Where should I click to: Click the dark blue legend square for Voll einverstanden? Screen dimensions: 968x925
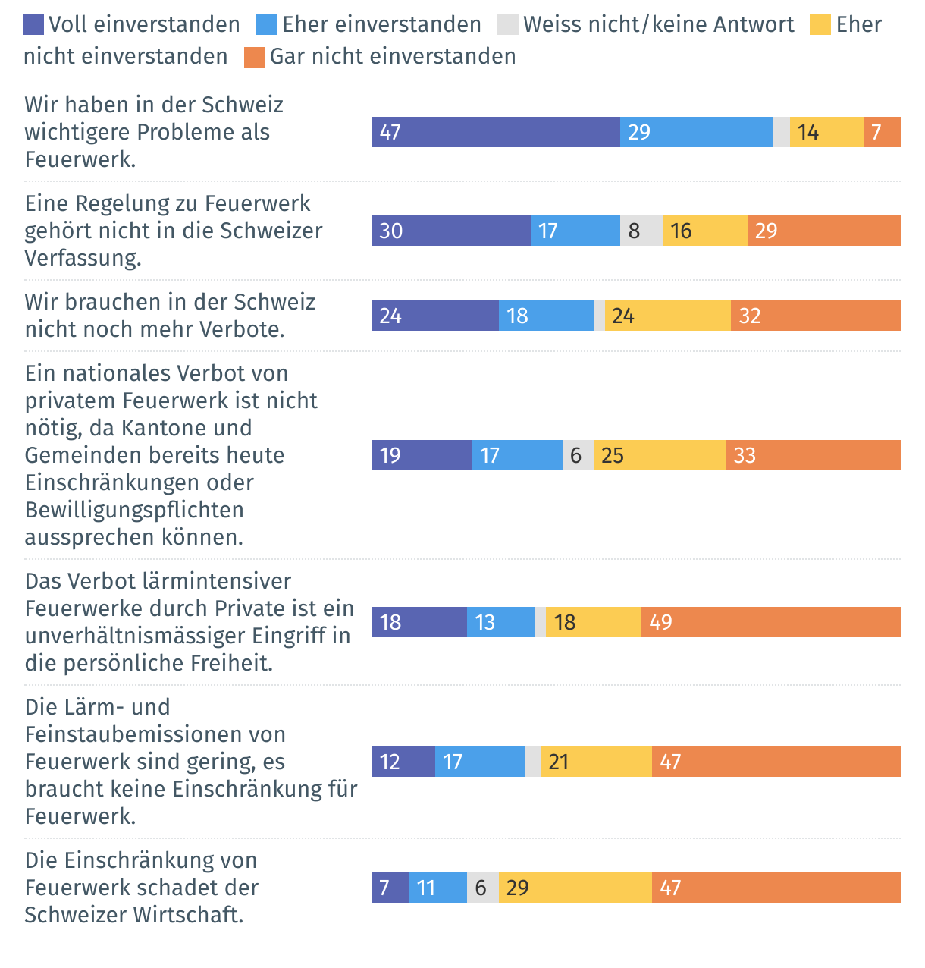[x=33, y=25]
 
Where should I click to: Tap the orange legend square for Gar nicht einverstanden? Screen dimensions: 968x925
[x=255, y=57]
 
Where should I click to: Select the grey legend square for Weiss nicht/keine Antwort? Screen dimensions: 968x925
[x=508, y=25]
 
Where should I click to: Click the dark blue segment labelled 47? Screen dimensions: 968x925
[x=495, y=132]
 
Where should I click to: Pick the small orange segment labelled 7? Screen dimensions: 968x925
[x=883, y=132]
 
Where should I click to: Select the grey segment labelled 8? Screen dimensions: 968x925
[x=641, y=231]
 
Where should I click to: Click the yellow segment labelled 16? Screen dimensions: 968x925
[x=705, y=231]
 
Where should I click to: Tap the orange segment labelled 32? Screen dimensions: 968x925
[x=816, y=316]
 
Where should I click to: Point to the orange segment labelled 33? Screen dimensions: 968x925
[x=814, y=455]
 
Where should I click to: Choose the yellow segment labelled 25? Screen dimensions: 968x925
[x=660, y=455]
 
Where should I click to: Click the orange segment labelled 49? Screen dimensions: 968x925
[x=771, y=622]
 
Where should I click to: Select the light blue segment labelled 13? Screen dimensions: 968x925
[x=501, y=622]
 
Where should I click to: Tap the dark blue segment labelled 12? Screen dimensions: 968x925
[x=403, y=762]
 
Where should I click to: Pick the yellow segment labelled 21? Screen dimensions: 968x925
[x=597, y=762]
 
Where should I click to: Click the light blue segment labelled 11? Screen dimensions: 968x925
[x=438, y=888]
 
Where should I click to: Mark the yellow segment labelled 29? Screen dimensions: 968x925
[x=575, y=888]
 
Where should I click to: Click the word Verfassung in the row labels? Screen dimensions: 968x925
[x=83, y=258]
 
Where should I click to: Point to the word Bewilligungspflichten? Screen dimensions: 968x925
[x=134, y=510]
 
